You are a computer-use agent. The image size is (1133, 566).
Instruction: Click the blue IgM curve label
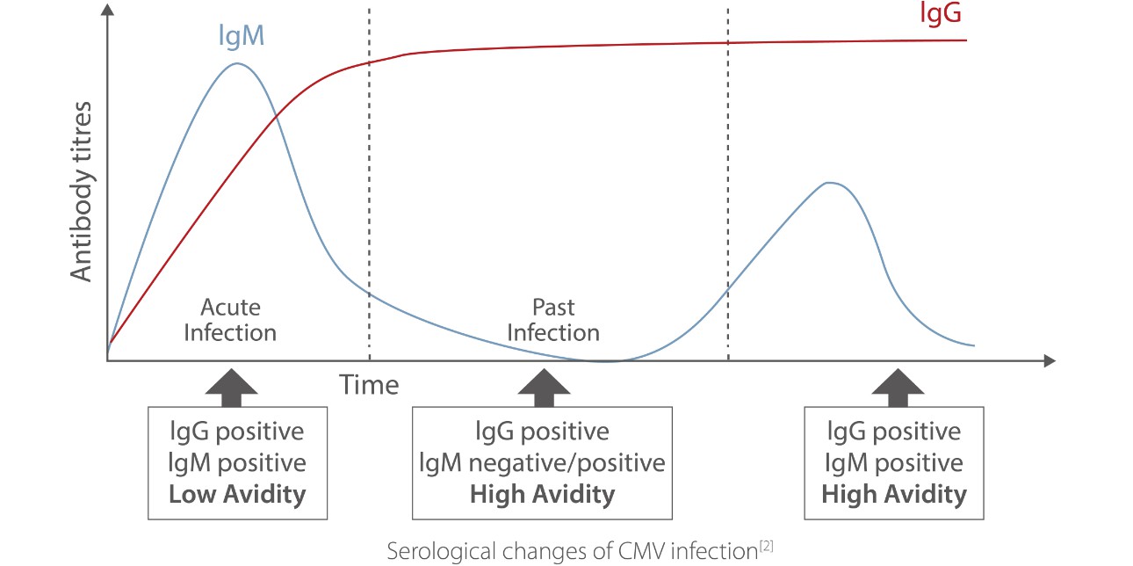coord(242,35)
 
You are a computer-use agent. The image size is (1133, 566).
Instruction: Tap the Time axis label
coord(369,385)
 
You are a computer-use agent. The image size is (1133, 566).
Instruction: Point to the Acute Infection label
coord(230,320)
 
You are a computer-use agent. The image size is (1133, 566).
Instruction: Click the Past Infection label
coord(553,320)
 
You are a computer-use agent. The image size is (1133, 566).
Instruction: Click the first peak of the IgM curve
coord(236,63)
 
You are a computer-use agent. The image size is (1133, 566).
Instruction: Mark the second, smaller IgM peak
coord(828,183)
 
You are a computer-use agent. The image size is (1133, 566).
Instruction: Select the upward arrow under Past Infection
coord(544,387)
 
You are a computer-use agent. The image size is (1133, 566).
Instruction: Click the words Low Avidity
coord(237,494)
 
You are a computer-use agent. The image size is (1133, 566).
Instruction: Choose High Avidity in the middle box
coord(543,494)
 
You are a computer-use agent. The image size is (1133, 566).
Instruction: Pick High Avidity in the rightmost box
coord(894,494)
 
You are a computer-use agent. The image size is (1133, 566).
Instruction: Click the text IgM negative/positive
coord(543,463)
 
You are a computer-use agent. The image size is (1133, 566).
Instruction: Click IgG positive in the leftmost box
coord(237,432)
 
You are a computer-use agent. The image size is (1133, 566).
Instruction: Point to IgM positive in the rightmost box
coord(894,463)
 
